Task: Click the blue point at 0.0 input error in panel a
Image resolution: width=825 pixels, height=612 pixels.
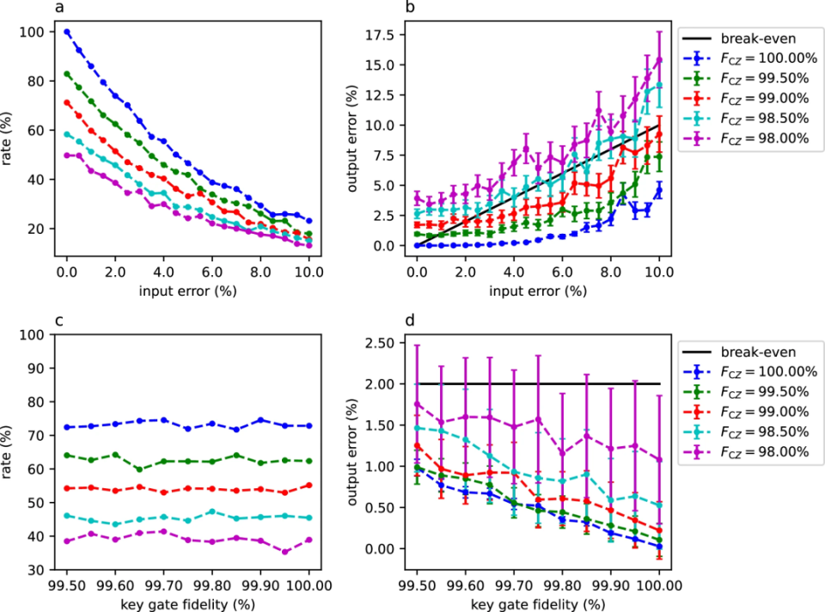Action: click(67, 33)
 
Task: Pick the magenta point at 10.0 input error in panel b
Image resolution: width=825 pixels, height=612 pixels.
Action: click(659, 59)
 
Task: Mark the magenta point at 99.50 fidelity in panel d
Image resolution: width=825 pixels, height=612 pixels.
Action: click(417, 404)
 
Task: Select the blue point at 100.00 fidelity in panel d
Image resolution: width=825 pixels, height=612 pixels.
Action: click(659, 546)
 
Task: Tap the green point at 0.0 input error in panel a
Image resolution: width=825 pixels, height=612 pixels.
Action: click(67, 75)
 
